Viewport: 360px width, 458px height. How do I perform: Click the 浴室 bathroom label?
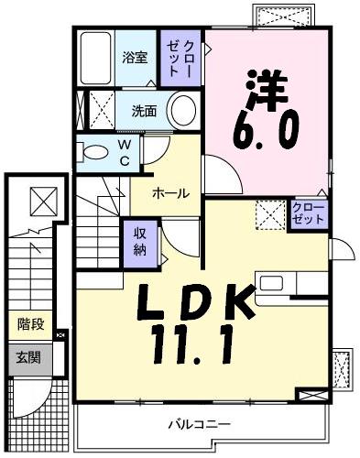point(135,58)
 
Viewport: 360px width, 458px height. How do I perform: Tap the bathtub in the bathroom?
point(94,58)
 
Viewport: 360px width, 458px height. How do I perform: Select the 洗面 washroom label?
point(143,112)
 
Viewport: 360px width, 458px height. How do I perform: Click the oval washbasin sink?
point(181,111)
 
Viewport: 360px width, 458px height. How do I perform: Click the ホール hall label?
point(170,193)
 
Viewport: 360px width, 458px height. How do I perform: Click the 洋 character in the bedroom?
point(266,89)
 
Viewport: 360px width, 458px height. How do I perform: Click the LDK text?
point(196,302)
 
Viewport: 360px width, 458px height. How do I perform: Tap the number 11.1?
point(192,346)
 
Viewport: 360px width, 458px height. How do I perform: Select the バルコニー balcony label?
point(199,424)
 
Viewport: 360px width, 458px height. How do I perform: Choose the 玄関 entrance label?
point(27,357)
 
